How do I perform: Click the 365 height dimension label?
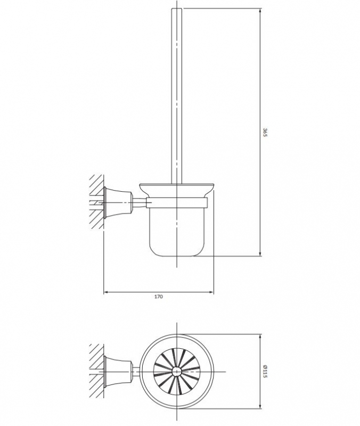point(264,133)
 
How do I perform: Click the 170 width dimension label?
point(158,297)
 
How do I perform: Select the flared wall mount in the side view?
point(118,201)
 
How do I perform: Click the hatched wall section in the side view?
point(96,201)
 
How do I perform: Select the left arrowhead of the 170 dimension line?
point(105,291)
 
